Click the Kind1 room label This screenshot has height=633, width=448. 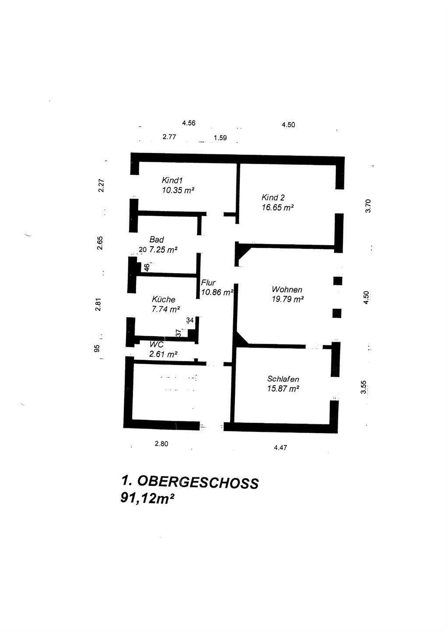pos(172,180)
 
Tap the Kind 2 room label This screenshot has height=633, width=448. pos(273,198)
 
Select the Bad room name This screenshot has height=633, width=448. pos(157,240)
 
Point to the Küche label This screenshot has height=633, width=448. pos(164,299)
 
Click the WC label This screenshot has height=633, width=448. pos(156,344)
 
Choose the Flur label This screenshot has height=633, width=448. pos(208,283)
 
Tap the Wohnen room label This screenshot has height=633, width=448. pos(287,289)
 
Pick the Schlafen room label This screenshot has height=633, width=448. pos(283,379)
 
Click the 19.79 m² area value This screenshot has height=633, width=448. pos(287,299)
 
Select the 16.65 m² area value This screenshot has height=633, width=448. pos(277,208)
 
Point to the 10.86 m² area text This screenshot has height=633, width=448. pos(217,292)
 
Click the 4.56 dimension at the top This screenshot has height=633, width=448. pos(189,123)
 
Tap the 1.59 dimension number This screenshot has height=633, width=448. pos(220,138)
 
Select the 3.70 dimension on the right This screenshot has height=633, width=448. pos(368,205)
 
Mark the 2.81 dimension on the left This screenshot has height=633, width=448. pos(98,304)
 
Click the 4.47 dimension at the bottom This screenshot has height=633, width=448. pos(280,448)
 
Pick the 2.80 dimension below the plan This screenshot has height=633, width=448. pos(161,444)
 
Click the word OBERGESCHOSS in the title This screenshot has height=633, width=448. pos(198,482)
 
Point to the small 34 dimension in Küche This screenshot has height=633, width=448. pos(190,320)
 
